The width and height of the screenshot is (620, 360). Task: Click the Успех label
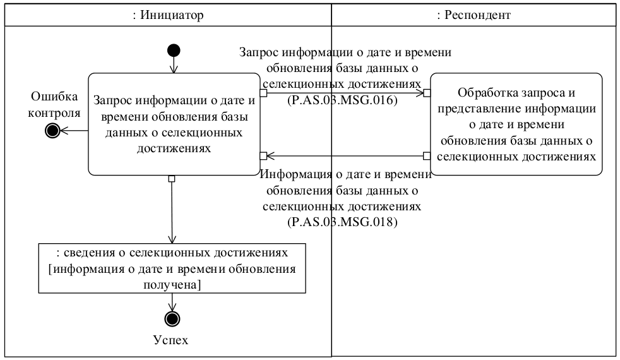point(171,340)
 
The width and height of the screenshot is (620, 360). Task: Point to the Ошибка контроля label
point(56,105)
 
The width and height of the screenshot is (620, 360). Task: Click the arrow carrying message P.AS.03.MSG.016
point(344,93)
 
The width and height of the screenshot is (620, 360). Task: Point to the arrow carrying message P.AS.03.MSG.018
point(344,155)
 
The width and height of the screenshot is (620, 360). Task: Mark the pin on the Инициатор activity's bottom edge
point(172,179)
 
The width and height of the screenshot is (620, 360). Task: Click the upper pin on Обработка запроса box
point(427,93)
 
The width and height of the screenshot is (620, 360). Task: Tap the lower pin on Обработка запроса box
point(427,155)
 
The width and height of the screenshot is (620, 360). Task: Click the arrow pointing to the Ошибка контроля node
point(74,131)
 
